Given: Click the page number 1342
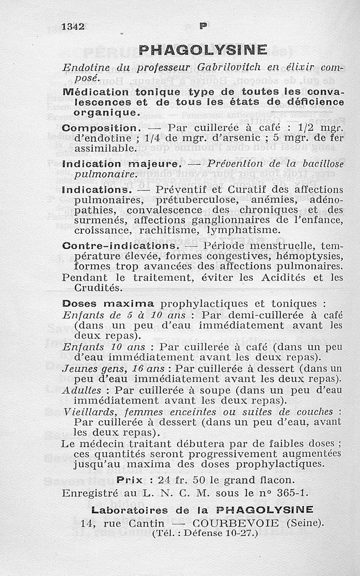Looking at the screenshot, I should [x=73, y=26].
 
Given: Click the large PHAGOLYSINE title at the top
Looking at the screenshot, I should [x=203, y=49].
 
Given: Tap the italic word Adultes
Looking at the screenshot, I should [x=82, y=390].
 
